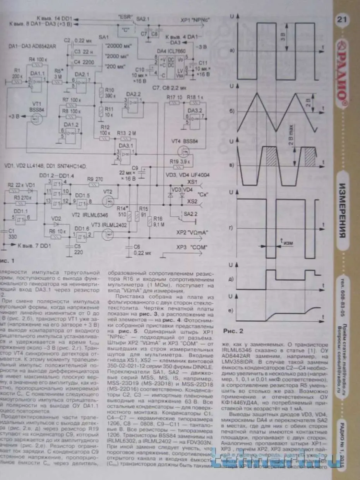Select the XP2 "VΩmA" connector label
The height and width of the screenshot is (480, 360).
coord(191,233)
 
